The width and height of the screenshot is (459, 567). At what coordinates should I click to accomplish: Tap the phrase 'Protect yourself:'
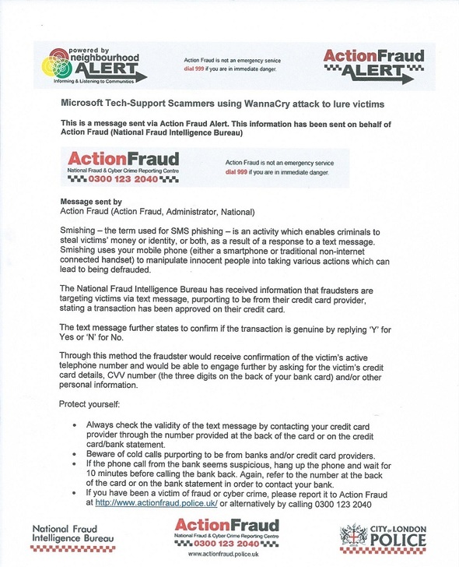pos(90,404)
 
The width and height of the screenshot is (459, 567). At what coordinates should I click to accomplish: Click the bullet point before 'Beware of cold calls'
pos(75,455)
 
